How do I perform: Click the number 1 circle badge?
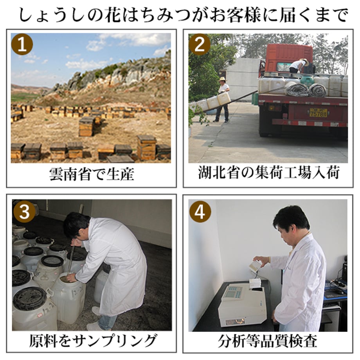coord(22,44)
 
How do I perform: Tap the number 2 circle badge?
coord(199,44)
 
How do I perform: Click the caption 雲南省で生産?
coord(92,174)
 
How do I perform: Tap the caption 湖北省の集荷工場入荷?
coord(268,173)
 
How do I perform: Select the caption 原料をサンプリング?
coord(93,340)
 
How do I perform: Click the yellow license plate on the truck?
coord(318,113)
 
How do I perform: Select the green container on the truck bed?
coord(307,80)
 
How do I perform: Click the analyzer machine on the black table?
coord(244,303)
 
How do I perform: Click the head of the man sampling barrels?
coord(76,226)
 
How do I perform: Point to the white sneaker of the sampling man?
coord(95,326)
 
